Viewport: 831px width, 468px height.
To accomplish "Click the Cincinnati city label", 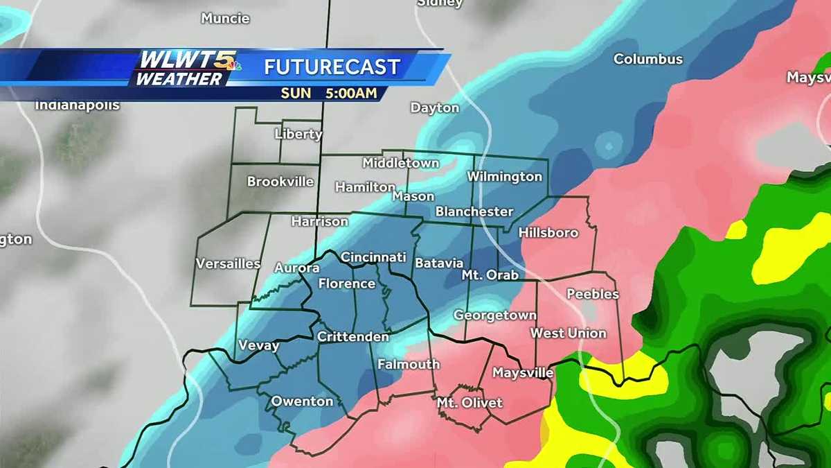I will tap(373, 257).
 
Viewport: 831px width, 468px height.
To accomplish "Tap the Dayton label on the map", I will tap(435, 108).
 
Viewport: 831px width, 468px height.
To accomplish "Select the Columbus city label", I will tap(648, 60).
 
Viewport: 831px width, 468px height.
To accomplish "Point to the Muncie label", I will tap(225, 19).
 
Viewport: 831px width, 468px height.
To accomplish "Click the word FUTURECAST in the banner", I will tap(332, 67).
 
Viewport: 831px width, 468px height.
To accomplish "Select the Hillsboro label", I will tap(548, 232).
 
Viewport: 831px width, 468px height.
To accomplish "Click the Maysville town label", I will tap(523, 373).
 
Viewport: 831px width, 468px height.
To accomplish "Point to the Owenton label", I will tap(302, 401).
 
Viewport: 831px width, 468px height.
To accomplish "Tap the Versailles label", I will tap(228, 263).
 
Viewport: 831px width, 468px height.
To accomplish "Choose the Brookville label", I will tap(280, 182).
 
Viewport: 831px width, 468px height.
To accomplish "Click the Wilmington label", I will tap(504, 177).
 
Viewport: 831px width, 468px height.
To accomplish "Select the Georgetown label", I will tap(494, 315).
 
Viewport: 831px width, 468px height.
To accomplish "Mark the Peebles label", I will tap(593, 294).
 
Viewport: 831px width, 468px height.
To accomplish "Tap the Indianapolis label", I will tap(78, 106).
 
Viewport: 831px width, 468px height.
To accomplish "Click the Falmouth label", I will tap(409, 364).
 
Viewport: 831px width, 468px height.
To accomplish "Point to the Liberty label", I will tap(298, 134).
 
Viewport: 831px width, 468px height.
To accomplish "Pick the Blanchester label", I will tap(474, 211).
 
